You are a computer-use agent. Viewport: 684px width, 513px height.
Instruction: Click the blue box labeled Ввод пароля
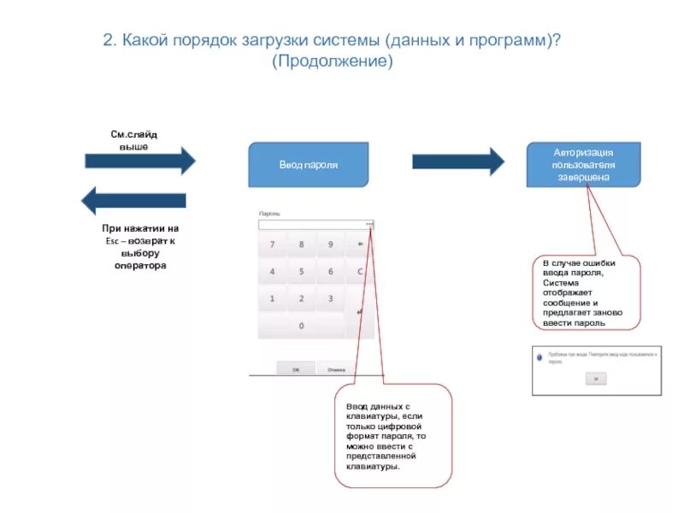308,164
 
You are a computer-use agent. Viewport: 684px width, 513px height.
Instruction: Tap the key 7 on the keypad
272,244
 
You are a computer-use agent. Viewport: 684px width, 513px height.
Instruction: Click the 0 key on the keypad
300,326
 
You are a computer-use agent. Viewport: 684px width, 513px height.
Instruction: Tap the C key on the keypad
360,271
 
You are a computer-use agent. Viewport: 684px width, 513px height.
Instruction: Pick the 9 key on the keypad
330,244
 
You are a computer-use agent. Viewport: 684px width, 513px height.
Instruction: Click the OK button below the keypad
296,369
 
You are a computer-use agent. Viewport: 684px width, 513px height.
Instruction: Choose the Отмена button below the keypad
336,369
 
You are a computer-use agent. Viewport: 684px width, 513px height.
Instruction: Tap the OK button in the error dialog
597,377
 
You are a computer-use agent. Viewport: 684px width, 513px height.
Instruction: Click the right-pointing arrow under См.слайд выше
140,161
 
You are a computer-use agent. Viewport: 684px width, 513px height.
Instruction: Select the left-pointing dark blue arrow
133,202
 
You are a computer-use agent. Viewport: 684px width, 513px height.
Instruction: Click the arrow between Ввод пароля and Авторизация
458,161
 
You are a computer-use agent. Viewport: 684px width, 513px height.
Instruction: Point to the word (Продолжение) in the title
333,63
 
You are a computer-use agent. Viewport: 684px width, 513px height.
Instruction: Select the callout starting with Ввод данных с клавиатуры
392,436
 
